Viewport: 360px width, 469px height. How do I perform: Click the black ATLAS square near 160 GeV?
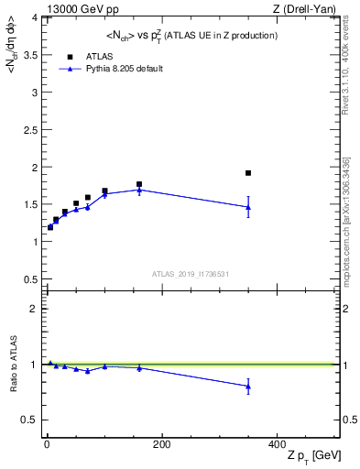[x=139, y=184]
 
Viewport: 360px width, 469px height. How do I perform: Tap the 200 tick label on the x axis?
[x=161, y=443]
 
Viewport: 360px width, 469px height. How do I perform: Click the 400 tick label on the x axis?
[x=277, y=443]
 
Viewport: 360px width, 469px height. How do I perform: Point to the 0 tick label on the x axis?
[x=47, y=443]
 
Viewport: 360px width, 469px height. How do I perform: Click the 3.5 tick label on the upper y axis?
[x=31, y=55]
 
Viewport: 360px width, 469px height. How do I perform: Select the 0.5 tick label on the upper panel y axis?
[x=31, y=279]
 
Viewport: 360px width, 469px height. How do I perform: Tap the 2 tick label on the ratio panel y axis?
[x=35, y=309]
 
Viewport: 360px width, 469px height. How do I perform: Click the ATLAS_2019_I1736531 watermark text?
[x=190, y=274]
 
